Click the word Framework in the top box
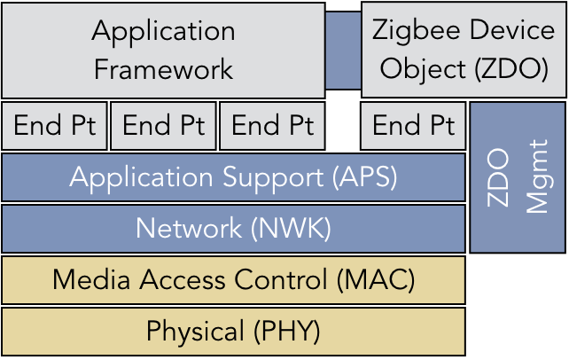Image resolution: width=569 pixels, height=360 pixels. tap(163, 69)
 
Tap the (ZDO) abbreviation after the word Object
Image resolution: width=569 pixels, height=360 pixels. tap(512, 69)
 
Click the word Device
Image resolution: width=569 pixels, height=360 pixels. tap(512, 29)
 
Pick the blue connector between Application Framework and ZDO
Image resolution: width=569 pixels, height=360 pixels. tap(343, 50)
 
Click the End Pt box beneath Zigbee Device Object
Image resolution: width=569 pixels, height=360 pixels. tap(413, 126)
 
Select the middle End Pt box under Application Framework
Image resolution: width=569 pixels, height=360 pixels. tap(163, 126)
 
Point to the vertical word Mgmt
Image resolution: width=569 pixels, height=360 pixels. tap(537, 176)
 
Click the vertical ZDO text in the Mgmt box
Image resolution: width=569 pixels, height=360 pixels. tap(497, 177)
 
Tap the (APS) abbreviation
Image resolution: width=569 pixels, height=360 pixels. tap(365, 177)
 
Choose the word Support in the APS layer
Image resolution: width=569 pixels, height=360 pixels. tap(273, 178)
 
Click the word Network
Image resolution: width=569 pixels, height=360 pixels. tap(189, 228)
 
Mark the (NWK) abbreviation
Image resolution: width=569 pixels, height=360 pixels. tap(291, 229)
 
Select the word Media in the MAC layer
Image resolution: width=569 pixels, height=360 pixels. tap(91, 279)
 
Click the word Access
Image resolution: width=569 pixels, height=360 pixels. tap(183, 280)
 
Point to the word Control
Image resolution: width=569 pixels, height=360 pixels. tap(281, 279)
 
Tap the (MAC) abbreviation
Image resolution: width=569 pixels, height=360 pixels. tap(376, 280)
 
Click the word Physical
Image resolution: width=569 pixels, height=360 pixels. tap(195, 332)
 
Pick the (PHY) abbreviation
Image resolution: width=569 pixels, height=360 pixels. tap(287, 332)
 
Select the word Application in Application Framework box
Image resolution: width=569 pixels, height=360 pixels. tap(163, 33)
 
